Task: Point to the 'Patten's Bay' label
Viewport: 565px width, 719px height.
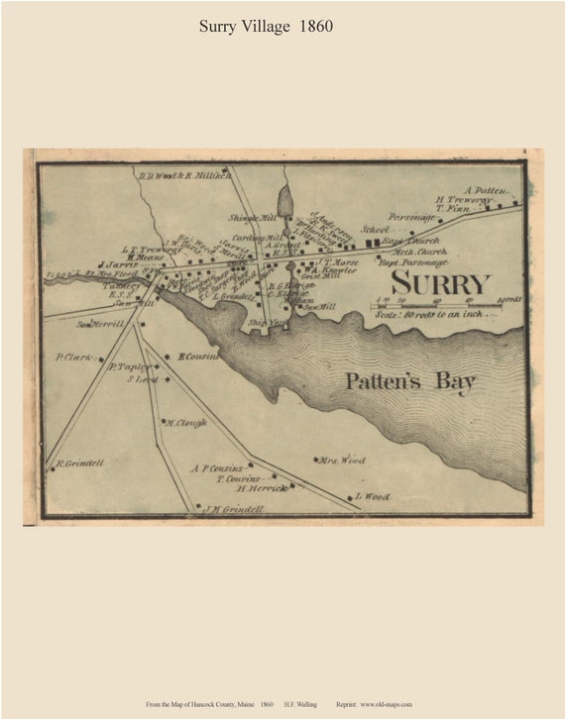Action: click(410, 382)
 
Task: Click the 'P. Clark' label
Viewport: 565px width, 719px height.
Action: click(73, 357)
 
